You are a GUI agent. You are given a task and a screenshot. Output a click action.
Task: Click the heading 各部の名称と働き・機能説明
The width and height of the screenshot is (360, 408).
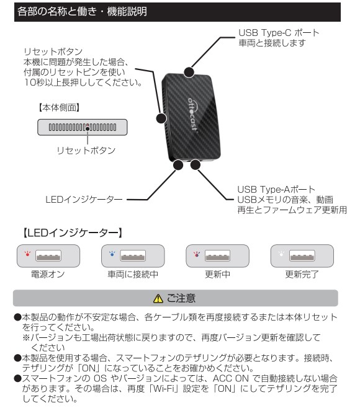82,12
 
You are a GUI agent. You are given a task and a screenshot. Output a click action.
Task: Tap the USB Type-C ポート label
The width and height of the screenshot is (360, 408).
279,33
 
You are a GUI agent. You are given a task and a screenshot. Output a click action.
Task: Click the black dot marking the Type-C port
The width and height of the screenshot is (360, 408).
189,72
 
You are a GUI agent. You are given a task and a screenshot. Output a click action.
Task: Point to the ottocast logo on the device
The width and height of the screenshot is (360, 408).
193,115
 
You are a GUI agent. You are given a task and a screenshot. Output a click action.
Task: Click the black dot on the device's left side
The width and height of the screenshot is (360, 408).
161,118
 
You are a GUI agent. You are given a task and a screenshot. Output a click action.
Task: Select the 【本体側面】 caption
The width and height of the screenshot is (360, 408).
60,107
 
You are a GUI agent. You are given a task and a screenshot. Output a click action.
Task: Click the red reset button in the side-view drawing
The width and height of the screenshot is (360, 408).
88,128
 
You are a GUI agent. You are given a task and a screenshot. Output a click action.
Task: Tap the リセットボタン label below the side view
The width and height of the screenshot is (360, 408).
86,151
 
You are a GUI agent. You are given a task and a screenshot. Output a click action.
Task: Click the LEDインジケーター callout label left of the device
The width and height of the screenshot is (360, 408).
84,200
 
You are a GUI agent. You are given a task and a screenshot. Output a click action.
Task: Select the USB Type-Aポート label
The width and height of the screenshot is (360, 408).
276,189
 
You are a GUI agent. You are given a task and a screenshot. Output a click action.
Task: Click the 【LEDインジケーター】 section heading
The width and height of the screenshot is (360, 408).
73,233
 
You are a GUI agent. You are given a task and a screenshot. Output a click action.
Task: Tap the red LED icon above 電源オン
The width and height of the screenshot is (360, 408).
27,254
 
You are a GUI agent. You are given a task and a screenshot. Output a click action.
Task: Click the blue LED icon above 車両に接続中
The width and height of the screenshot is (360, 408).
112,254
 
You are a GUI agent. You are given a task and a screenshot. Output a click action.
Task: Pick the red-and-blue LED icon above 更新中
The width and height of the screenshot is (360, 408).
197,254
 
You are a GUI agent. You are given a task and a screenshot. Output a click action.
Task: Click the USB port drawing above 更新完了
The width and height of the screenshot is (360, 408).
302,255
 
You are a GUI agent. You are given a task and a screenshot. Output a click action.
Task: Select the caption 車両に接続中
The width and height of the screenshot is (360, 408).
133,274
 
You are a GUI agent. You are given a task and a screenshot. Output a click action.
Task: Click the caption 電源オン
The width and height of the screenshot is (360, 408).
48,274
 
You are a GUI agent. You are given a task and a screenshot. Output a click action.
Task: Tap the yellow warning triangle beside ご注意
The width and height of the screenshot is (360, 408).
158,298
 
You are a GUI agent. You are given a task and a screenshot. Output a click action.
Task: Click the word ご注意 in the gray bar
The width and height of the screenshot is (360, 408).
181,298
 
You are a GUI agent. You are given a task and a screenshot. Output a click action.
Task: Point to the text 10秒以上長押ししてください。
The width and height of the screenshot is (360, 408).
83,82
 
